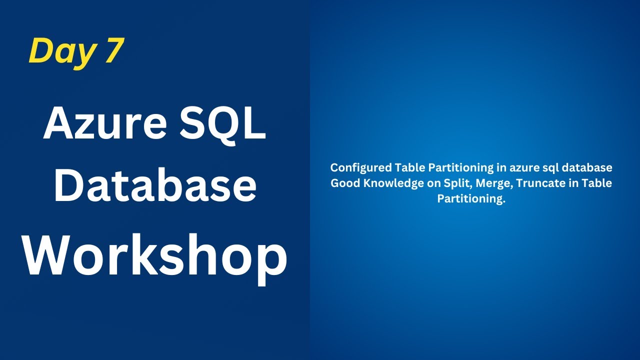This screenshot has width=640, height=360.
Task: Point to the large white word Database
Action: (x=155, y=185)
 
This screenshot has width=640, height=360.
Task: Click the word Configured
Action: (x=361, y=167)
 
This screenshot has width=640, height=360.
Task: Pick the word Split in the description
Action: (x=457, y=183)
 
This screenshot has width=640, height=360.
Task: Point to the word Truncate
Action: (x=538, y=183)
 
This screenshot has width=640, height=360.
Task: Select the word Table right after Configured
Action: (x=408, y=167)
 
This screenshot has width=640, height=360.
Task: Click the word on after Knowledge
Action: (x=434, y=183)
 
